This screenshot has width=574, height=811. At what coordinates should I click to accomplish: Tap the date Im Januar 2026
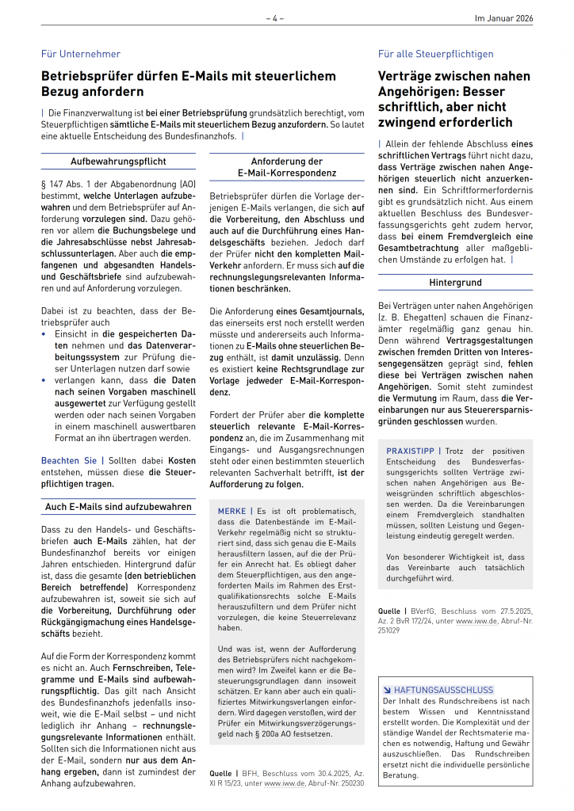[503, 17]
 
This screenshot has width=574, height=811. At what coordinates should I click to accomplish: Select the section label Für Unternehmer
[81, 54]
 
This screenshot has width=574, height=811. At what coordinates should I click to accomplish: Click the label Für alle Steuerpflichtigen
[435, 54]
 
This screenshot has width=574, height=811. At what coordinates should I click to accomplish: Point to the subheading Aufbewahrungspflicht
[118, 162]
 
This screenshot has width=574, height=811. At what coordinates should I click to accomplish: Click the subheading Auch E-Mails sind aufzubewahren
[118, 506]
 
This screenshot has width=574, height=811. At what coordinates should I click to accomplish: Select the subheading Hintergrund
[455, 282]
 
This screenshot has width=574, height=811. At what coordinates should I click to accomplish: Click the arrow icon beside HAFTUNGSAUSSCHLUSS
[387, 690]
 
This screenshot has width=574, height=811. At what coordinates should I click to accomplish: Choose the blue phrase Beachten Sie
[68, 460]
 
